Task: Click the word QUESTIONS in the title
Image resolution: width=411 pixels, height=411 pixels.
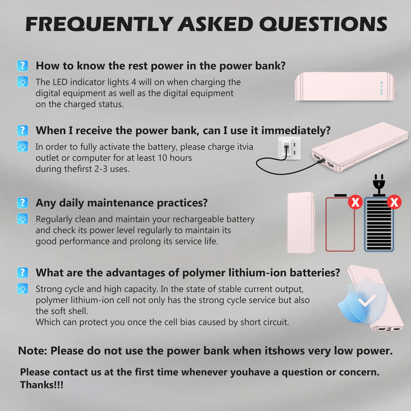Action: (323, 24)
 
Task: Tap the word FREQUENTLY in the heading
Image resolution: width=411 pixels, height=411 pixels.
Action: (99, 24)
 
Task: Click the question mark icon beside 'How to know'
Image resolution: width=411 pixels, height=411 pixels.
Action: (23, 66)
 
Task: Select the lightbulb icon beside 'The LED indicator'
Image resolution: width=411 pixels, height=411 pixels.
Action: (23, 82)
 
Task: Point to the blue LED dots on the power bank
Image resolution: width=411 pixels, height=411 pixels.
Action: (381, 88)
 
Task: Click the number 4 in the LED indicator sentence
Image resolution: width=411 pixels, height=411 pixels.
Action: (134, 82)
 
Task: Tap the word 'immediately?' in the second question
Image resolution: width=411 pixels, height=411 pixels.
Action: (296, 130)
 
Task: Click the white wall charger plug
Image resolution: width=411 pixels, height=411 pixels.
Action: (289, 148)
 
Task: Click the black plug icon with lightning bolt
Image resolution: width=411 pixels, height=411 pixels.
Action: (379, 185)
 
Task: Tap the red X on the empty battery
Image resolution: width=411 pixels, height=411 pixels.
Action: (355, 202)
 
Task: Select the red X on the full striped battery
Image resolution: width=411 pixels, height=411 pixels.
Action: (394, 202)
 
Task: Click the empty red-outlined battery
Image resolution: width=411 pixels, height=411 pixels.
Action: (340, 223)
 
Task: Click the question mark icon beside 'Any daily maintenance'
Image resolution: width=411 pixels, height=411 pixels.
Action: (23, 202)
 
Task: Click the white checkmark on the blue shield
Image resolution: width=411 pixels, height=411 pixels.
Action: (367, 300)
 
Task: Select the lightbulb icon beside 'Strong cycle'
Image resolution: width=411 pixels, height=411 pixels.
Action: (23, 289)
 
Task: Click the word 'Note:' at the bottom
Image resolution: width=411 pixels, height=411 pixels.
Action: (32, 351)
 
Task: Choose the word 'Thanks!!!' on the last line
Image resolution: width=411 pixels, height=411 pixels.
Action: (42, 385)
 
